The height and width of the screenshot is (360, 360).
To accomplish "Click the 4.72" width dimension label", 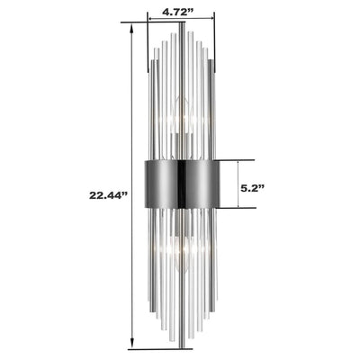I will pyautogui.click(x=181, y=13).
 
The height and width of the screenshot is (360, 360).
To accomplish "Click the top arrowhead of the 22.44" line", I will pyautogui.click(x=133, y=27).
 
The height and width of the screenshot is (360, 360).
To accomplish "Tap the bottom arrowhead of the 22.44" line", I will pyautogui.click(x=133, y=345).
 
